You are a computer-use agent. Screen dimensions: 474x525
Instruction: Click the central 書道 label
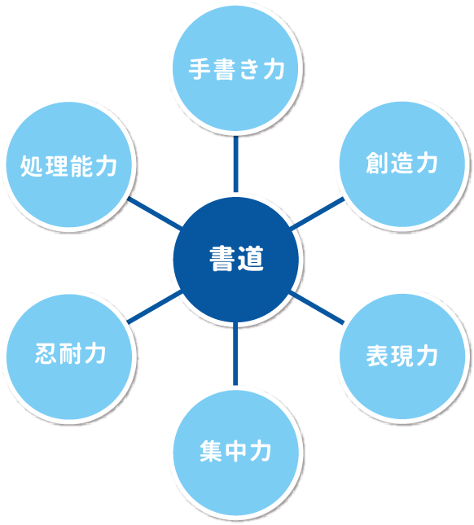(x=236, y=259)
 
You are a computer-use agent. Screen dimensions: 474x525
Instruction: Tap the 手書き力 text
(x=236, y=69)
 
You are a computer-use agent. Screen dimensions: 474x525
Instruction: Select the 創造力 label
(x=402, y=163)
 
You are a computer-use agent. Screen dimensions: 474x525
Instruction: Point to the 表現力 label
(x=402, y=355)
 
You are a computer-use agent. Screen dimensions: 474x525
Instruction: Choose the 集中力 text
(x=235, y=451)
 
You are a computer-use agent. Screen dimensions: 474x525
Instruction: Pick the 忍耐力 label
(x=71, y=353)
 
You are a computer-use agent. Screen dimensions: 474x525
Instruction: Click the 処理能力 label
(x=68, y=166)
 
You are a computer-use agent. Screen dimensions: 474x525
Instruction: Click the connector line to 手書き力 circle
(x=236, y=164)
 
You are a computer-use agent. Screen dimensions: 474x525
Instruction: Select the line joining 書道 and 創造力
(x=317, y=213)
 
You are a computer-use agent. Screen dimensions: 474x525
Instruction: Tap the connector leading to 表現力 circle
(x=317, y=308)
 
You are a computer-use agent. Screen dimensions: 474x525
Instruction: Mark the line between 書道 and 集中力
(x=235, y=353)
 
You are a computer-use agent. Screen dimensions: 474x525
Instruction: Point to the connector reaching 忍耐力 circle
(x=155, y=307)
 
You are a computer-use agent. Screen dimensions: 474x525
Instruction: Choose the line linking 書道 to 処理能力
(x=155, y=213)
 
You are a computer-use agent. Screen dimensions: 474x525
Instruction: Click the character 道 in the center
(x=251, y=259)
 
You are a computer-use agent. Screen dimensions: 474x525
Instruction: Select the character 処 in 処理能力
(x=32, y=166)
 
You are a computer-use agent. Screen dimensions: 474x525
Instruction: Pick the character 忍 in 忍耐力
(x=46, y=353)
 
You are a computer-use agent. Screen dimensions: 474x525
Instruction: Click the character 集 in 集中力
(x=211, y=451)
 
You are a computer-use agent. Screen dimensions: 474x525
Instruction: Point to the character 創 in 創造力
(x=377, y=163)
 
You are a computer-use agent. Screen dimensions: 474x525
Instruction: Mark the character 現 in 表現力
(x=402, y=355)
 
